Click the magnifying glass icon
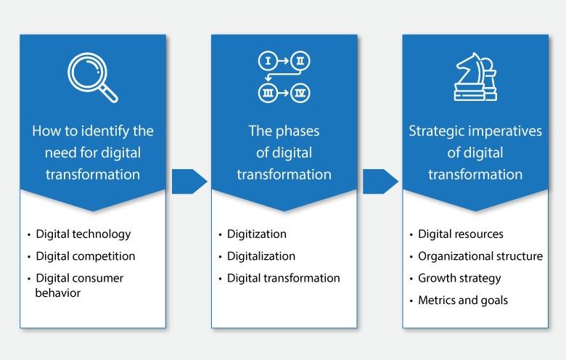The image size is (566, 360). coord(92,78)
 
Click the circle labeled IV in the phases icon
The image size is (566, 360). coord(300,93)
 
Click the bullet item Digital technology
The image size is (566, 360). coord(83,234)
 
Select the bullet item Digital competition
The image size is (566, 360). coord(85,255)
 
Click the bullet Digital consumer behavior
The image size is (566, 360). coord(79,285)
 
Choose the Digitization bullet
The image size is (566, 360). coord(256,234)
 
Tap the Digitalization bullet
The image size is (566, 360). coord(261,255)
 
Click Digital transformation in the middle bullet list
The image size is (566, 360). coord(283,277)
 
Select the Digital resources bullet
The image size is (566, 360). coord(460,234)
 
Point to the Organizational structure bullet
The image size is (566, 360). coord(480,255)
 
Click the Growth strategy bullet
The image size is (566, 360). coord(459,277)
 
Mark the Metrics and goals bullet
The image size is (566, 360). coord(463,300)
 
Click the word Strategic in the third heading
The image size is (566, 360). coord(434,131)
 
